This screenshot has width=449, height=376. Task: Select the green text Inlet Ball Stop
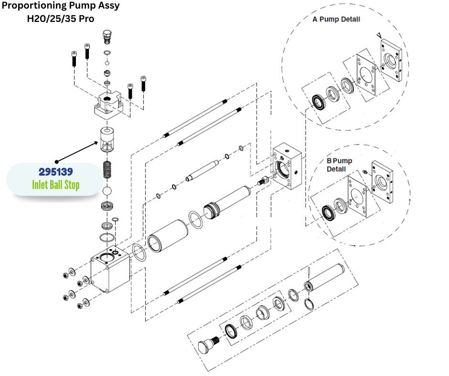coord(55,184)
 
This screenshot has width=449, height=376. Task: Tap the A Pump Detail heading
coord(336,20)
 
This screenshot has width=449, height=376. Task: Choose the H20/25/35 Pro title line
coord(61,19)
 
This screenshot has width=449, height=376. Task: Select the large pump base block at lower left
coord(110,270)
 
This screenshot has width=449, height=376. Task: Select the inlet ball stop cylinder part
coord(109,139)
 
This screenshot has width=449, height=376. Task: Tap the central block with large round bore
coord(287,166)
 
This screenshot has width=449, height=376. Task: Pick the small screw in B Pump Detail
coord(364,171)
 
